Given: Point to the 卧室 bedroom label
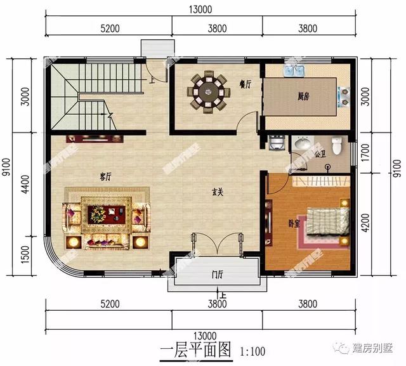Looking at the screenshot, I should [294, 223].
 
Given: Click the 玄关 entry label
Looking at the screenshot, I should [217, 194].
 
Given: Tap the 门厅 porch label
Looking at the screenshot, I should [217, 275].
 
